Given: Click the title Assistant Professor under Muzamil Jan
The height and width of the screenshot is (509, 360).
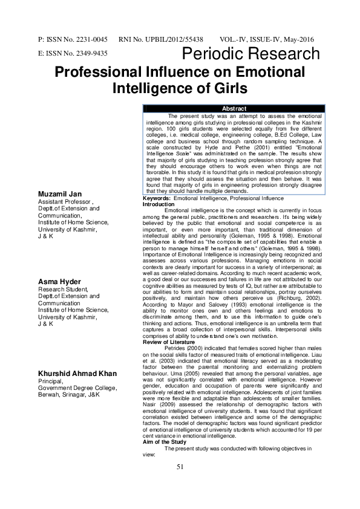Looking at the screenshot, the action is [x=65, y=201].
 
